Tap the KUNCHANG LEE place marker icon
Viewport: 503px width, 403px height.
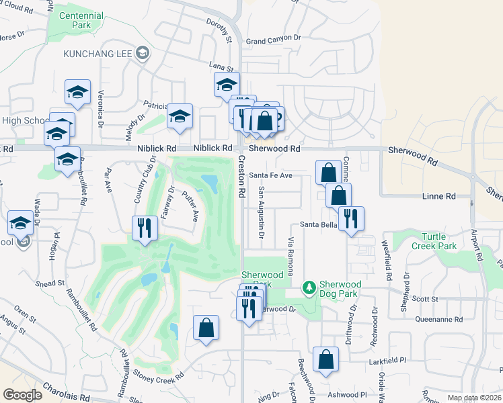point(142,53)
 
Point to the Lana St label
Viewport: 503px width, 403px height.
point(221,68)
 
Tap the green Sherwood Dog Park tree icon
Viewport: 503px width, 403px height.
point(309,287)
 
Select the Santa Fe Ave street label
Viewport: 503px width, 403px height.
point(271,175)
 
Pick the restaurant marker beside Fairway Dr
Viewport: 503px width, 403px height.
point(145,227)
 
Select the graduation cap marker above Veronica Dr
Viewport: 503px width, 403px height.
point(77,91)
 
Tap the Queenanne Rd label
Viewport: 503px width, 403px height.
point(440,320)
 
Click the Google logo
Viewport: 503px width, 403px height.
point(23,394)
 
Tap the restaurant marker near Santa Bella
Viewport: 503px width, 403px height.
point(351,218)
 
